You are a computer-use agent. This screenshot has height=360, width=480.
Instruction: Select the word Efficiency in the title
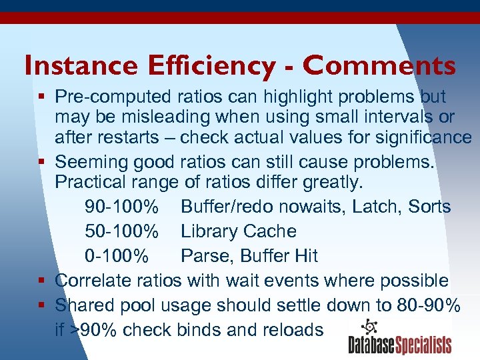point(204,66)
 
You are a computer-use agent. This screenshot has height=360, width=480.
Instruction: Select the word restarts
point(129,138)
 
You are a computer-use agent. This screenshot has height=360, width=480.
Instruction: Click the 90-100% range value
point(122,207)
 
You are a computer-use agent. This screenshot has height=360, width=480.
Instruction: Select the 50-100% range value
point(122,231)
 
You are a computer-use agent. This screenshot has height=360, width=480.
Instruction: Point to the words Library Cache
point(239,231)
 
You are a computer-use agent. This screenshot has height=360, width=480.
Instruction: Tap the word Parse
point(202,256)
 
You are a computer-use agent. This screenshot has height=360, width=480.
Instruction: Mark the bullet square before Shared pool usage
point(41,305)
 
